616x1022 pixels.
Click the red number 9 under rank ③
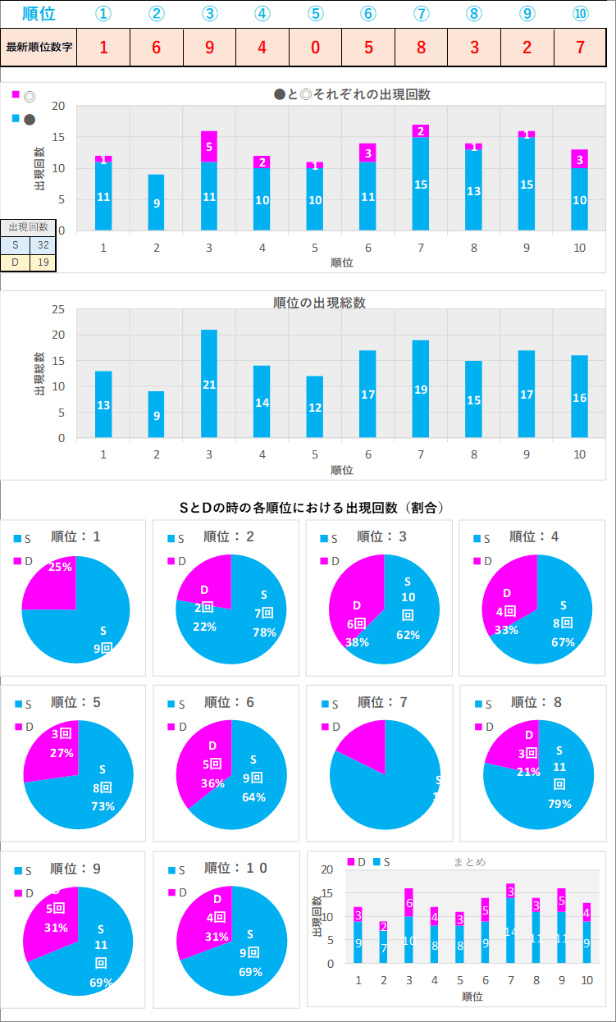pos(209,47)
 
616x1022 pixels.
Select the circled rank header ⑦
pos(421,13)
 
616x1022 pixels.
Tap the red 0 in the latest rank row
pos(315,47)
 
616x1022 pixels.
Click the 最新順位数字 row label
pos(39,47)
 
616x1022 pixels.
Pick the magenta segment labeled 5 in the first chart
pos(209,146)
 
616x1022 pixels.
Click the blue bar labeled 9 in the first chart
pos(156,202)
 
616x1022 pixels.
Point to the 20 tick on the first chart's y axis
pos(58,107)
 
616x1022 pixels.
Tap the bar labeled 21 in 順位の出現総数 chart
pos(209,384)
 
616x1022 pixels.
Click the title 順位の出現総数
pos(319,303)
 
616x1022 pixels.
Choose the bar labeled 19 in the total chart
pos(421,389)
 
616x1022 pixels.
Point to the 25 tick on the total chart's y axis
pos(58,309)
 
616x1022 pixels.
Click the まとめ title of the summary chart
pos(469,862)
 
